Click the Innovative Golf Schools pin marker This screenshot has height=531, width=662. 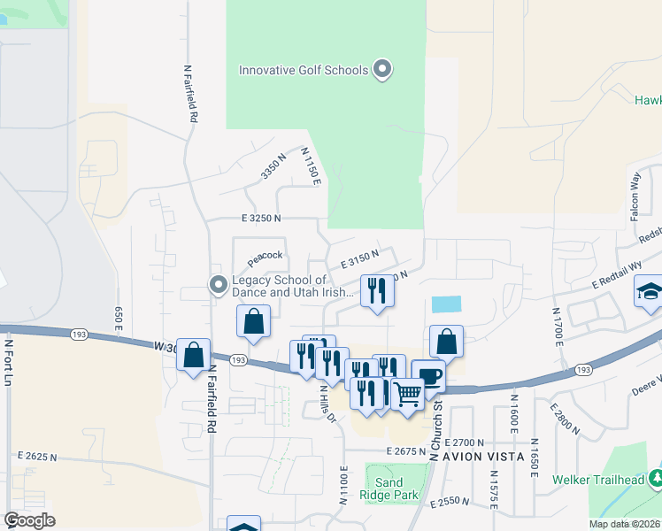[382, 69]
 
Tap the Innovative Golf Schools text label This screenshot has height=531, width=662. [304, 70]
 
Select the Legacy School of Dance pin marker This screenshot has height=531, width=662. [218, 285]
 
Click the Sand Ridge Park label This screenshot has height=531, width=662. [389, 489]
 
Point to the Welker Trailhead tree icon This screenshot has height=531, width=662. [656, 479]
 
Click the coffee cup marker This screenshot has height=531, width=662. [428, 376]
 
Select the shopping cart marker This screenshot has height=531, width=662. [407, 394]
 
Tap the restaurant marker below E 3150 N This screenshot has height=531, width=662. [377, 290]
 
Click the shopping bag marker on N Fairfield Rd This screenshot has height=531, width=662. [193, 355]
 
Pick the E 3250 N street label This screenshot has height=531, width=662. [260, 218]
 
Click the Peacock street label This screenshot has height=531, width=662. [265, 256]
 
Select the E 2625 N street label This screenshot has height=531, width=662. [37, 457]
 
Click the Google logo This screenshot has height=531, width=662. [29, 520]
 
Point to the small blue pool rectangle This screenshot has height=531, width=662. [447, 304]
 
